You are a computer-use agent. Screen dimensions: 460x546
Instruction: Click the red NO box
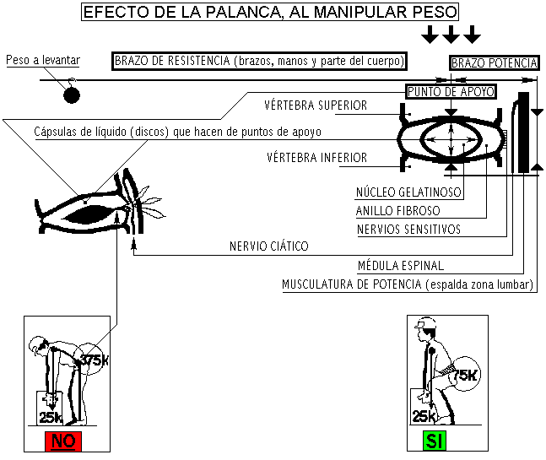click(63, 441)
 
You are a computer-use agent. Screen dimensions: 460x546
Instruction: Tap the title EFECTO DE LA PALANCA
click(270, 12)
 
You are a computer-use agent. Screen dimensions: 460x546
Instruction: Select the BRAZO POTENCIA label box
click(494, 62)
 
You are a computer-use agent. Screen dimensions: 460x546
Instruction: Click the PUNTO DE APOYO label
click(450, 91)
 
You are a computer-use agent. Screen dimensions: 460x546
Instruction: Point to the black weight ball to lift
click(72, 95)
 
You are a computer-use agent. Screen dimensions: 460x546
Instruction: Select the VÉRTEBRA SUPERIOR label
click(316, 106)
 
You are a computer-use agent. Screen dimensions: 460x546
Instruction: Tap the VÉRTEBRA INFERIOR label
click(316, 158)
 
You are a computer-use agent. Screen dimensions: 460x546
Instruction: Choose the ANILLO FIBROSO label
click(397, 211)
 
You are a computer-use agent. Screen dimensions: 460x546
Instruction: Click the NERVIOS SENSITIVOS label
click(408, 230)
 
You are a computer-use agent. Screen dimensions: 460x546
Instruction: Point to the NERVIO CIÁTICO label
click(268, 247)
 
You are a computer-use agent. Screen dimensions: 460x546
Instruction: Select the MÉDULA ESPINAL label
click(400, 266)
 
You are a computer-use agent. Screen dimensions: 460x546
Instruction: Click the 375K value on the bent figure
click(95, 360)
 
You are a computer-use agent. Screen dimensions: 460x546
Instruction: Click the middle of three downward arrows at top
click(451, 34)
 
